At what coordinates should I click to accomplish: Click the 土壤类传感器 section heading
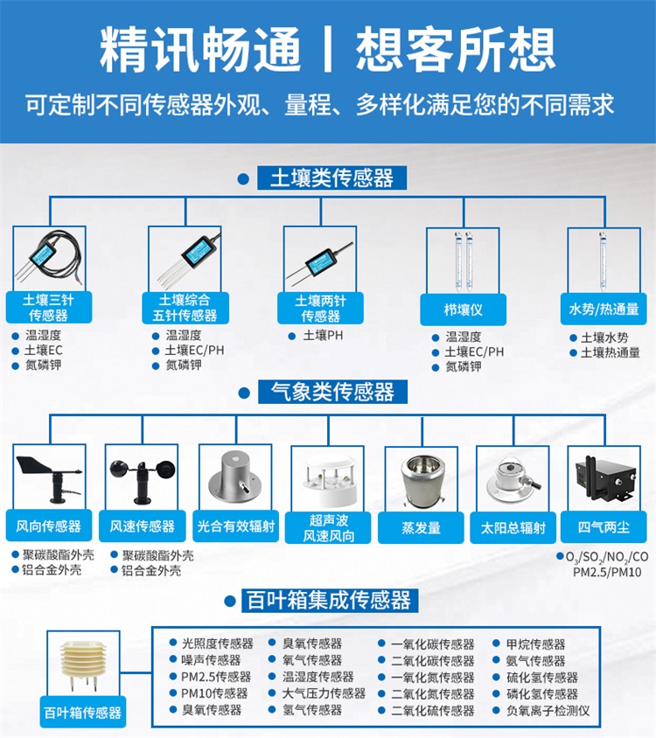coord(331,178)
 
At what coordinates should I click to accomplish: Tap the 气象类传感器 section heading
coord(332,392)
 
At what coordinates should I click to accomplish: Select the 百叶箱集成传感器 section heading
coord(330,600)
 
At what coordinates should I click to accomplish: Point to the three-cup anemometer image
coord(143,480)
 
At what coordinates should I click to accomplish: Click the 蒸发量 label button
coord(421,527)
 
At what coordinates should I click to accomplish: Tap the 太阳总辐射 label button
coord(513,527)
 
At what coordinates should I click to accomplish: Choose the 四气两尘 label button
coord(604,526)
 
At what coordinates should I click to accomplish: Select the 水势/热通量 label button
coord(604,310)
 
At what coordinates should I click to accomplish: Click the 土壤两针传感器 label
coord(320,309)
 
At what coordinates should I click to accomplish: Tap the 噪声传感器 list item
coord(211,660)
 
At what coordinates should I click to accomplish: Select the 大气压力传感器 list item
coord(324,693)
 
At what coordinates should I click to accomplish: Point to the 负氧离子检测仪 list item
coord(548,710)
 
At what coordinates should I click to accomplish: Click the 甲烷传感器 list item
coord(535,644)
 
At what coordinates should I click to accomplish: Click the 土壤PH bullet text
coord(323,336)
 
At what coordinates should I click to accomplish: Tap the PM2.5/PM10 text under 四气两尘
coord(607,573)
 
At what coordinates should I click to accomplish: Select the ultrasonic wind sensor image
coord(329,477)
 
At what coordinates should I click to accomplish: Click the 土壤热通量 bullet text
coord(611,352)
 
